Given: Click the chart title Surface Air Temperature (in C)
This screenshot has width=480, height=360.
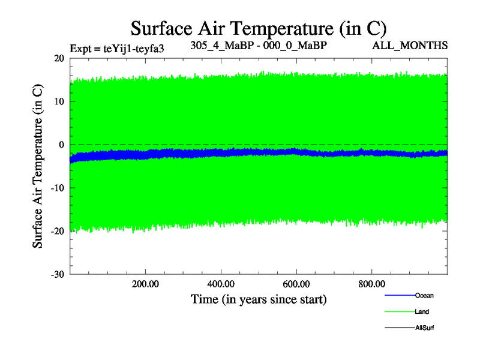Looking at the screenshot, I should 259,28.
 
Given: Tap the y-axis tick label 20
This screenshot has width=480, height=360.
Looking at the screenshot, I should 59,58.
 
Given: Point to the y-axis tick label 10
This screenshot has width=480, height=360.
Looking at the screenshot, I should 59,101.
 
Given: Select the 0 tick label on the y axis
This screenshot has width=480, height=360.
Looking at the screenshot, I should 62,145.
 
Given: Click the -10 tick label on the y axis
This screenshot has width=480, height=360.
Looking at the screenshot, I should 58,188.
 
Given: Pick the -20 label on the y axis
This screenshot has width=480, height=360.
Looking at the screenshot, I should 58,231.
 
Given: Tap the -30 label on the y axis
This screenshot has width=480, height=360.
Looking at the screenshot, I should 58,274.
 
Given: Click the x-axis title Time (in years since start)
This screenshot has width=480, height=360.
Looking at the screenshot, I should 259,299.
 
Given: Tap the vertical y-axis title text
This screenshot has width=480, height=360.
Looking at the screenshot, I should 37,166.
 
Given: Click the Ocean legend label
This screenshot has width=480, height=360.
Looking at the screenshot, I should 424,295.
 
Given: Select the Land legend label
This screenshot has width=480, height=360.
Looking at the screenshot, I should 422,312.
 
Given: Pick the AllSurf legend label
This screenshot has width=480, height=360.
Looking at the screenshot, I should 424,328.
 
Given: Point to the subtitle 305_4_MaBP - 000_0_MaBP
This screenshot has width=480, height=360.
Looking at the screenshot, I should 259,45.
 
